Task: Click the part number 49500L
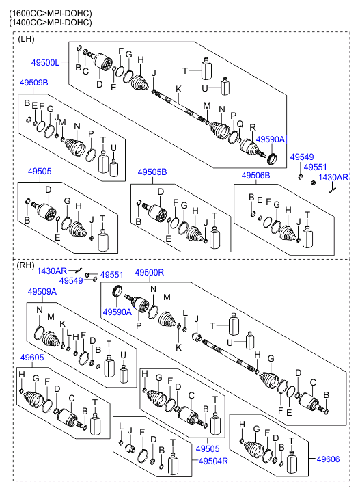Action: click(x=45, y=62)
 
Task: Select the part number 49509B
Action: click(x=34, y=83)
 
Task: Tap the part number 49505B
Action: click(x=152, y=172)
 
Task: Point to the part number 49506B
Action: click(x=255, y=175)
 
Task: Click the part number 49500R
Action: click(x=150, y=273)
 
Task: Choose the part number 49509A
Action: click(x=42, y=292)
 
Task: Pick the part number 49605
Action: click(x=32, y=358)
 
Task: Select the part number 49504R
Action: click(x=213, y=461)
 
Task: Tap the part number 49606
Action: click(x=328, y=459)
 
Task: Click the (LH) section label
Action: click(x=26, y=39)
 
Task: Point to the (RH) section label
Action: click(x=25, y=265)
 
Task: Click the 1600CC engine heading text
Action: click(x=51, y=13)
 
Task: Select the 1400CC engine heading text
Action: click(x=51, y=23)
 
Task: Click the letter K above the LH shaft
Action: click(x=178, y=90)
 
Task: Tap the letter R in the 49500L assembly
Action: click(x=252, y=127)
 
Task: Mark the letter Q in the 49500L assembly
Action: click(x=240, y=124)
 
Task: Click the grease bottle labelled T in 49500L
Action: click(x=206, y=69)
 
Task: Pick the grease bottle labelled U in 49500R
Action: click(x=250, y=340)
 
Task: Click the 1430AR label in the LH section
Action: click(x=333, y=178)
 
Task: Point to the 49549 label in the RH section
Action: click(x=71, y=280)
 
